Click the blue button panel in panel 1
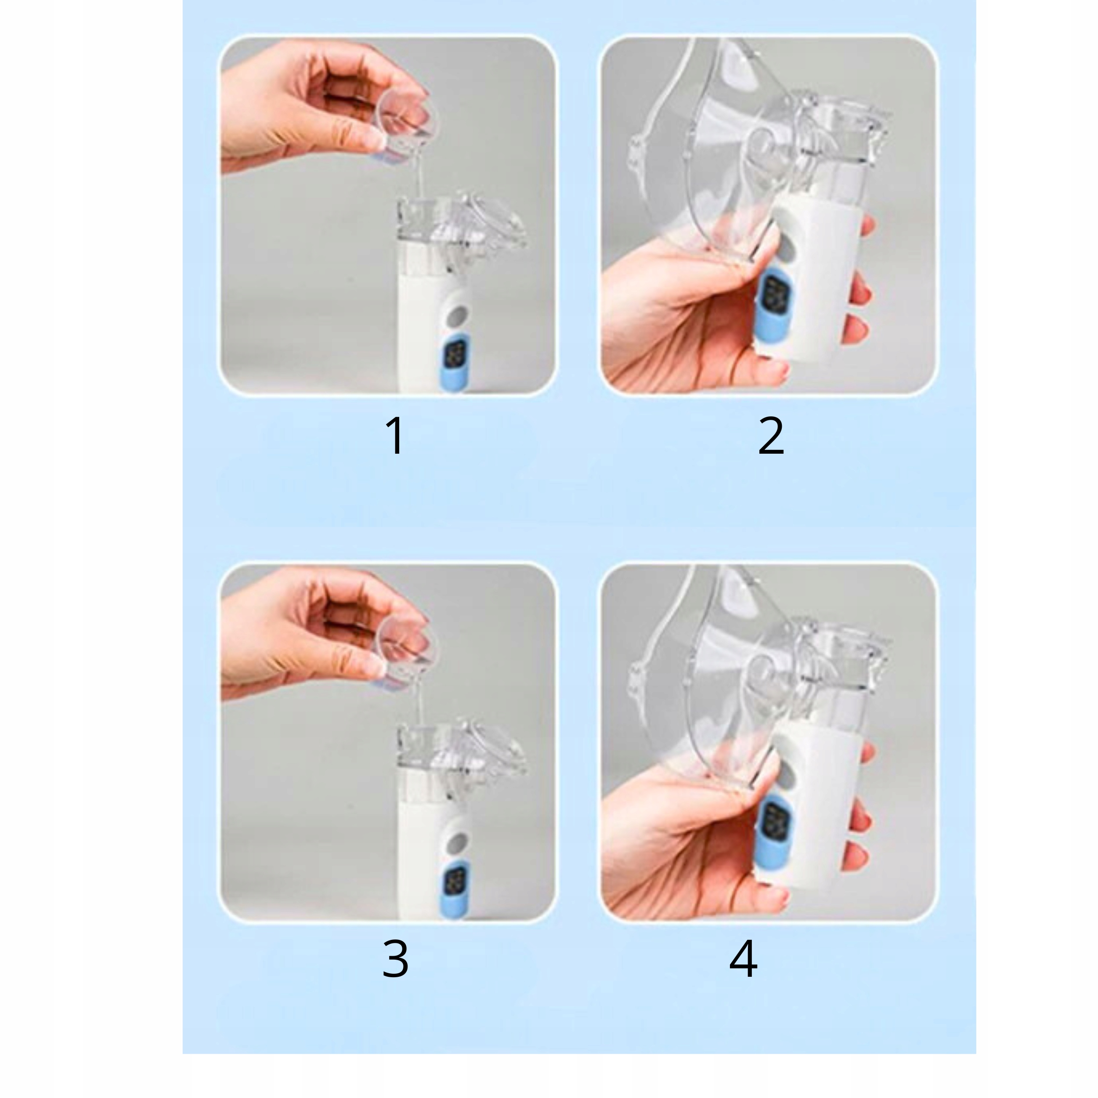tap(459, 364)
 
